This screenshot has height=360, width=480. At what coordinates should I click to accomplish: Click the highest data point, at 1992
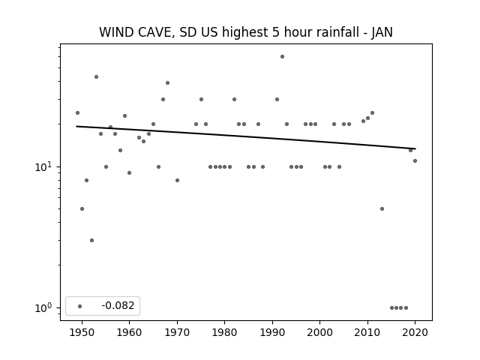[x=282, y=57]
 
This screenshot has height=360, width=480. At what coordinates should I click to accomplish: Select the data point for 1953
[x=97, y=76]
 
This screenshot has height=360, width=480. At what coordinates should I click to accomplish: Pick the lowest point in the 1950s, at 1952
[x=91, y=240]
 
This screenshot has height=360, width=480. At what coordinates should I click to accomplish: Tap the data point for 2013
[x=382, y=208]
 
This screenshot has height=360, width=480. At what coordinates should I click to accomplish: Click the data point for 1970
[x=177, y=180]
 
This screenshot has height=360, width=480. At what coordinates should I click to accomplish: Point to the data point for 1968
[x=167, y=83]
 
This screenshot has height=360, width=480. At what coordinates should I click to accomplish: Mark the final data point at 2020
[x=415, y=160]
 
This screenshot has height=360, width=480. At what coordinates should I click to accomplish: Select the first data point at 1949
[x=77, y=113]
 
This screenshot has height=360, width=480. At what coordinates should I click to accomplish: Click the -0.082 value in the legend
[x=118, y=305]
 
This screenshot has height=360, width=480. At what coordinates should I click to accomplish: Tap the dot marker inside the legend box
[x=80, y=306]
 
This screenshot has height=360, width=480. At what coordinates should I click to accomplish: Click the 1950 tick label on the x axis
[x=82, y=332]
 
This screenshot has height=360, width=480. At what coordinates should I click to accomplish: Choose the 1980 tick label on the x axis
[x=225, y=332]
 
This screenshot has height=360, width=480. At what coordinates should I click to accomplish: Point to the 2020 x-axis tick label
[x=415, y=332]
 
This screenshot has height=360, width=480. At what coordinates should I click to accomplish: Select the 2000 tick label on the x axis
[x=320, y=332]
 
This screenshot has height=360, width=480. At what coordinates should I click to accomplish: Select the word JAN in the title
[x=382, y=32]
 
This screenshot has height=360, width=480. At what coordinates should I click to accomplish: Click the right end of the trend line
[x=415, y=148]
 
